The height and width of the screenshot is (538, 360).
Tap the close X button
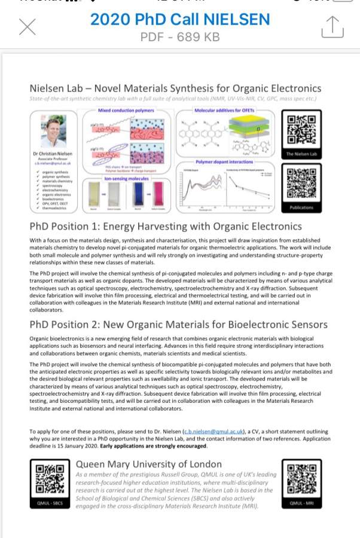click(28, 27)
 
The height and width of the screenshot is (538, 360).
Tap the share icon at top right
click(332, 26)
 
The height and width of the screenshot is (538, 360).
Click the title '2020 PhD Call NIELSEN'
click(180, 20)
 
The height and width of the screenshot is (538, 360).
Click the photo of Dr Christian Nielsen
click(53, 132)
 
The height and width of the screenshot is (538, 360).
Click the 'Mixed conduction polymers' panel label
click(126, 111)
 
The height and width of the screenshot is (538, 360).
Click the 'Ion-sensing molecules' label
click(126, 178)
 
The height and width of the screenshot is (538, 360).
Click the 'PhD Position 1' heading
click(166, 227)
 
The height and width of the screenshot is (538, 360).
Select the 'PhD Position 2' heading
click(178, 325)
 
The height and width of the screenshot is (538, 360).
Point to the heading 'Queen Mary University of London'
click(148, 464)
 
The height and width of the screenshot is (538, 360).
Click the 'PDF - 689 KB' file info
click(180, 36)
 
